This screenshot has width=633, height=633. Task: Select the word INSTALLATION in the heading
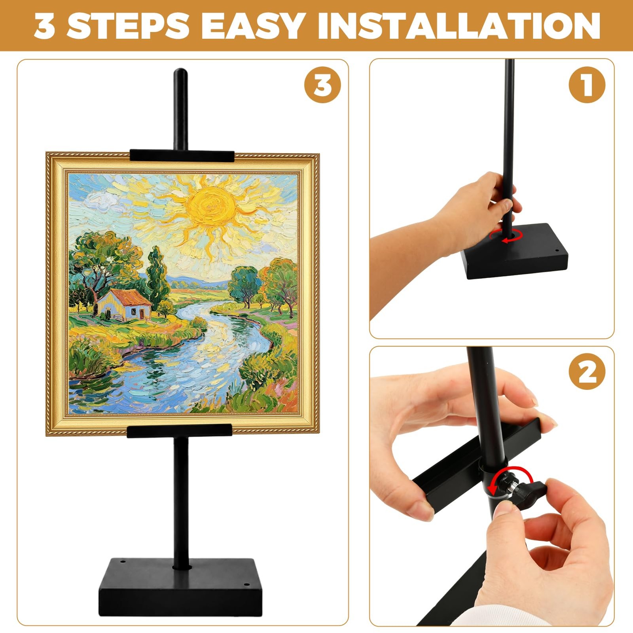point(459,26)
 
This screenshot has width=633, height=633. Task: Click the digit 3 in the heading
point(44,26)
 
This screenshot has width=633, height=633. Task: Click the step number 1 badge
point(587,85)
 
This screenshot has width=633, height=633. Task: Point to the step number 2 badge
point(587,371)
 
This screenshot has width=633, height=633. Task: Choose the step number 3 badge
point(322,85)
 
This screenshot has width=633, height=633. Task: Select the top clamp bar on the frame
point(182,155)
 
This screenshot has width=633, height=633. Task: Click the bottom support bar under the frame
point(179,431)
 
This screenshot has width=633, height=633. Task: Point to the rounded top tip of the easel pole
point(180,72)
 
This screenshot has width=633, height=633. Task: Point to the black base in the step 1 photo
point(516,252)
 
